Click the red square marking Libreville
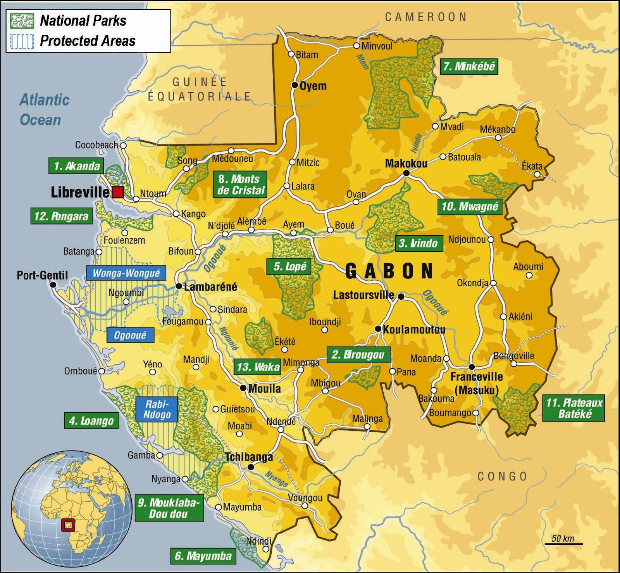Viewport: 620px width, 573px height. (118, 192)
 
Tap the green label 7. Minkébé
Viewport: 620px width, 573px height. (469, 67)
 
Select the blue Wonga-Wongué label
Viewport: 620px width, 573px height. (126, 273)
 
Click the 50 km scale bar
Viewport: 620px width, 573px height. (563, 543)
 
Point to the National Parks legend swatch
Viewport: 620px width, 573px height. (22, 21)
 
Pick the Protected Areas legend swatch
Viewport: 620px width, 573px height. (22, 41)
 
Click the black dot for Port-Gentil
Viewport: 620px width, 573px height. (53, 285)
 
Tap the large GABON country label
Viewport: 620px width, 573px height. (389, 271)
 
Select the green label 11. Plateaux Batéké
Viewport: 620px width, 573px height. (573, 408)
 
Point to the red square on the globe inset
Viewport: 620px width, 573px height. (68, 525)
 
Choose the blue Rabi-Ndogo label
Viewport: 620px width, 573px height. (157, 409)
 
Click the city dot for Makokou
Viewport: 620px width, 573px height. (406, 173)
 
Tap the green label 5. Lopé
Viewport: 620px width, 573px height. (289, 266)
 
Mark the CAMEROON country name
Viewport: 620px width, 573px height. (426, 17)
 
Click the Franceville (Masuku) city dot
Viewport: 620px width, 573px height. (472, 367)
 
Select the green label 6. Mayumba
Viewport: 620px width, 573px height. (203, 556)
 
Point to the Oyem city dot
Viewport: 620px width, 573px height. (294, 85)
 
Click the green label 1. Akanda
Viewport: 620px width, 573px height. (76, 166)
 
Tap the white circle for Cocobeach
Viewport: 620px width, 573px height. (123, 145)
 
